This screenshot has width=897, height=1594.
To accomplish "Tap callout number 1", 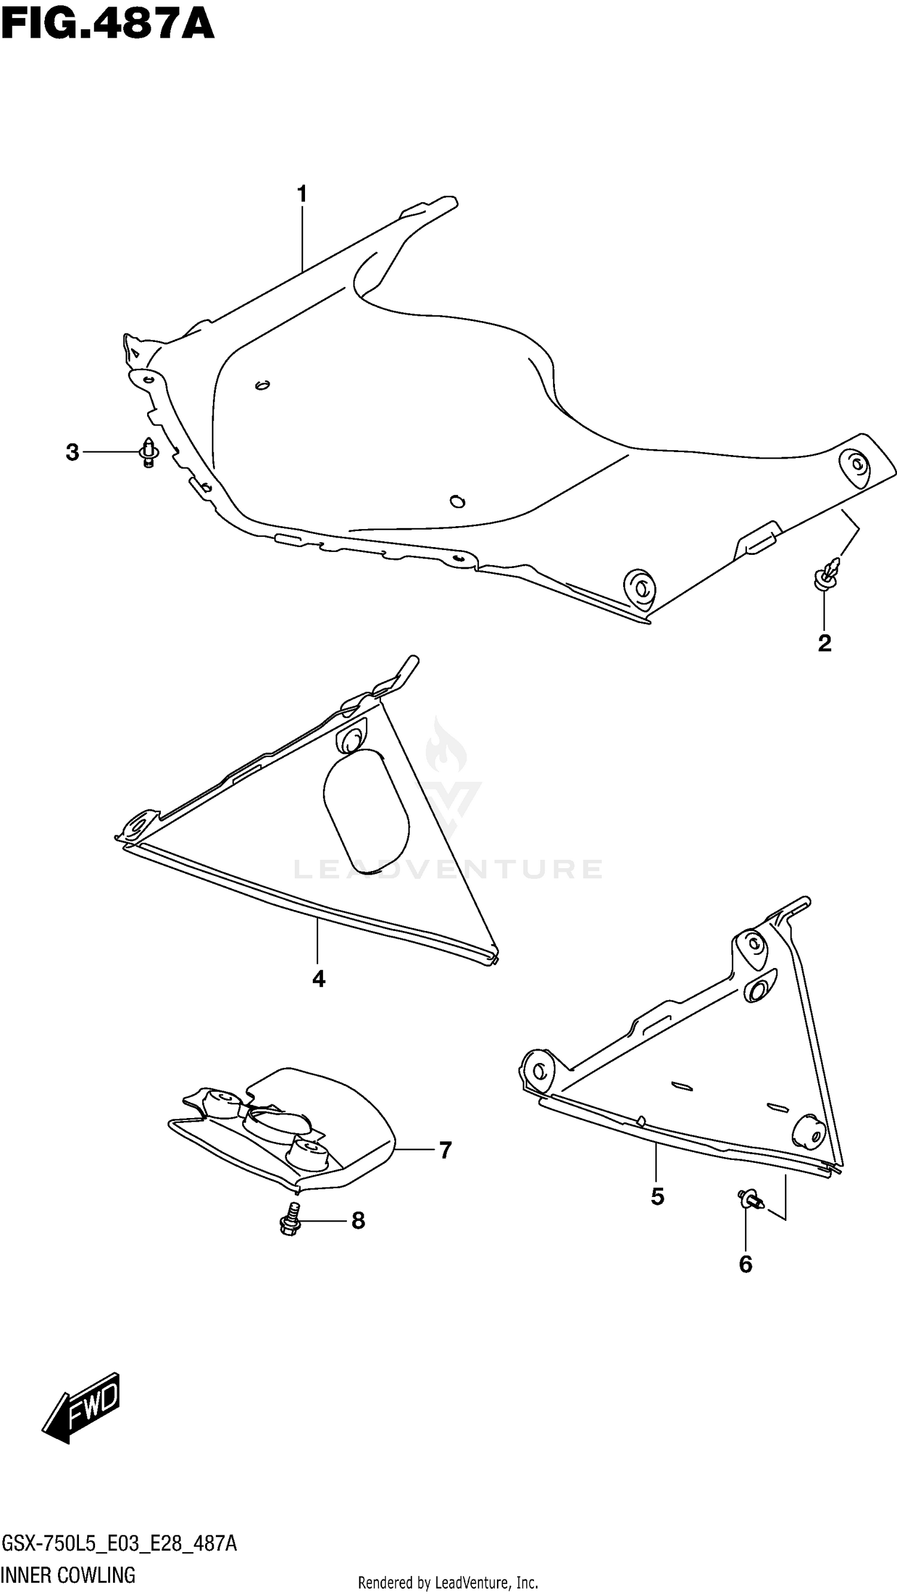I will (x=301, y=195).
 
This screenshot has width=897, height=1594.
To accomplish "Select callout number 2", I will (x=824, y=643).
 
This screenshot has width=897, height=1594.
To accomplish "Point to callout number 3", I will (x=72, y=453).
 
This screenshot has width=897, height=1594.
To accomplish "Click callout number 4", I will (x=318, y=979).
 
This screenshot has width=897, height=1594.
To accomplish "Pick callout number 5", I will (x=657, y=1197).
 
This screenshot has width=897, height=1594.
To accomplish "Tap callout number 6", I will (x=745, y=1264).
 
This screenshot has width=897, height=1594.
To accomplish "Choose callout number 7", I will (x=445, y=1150).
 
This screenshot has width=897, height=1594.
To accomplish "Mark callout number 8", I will (x=358, y=1221).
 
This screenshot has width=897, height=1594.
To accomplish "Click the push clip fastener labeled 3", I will (x=148, y=453).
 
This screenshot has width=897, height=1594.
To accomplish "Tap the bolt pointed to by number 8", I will (x=289, y=1219).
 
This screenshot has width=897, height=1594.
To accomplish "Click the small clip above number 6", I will (x=750, y=1199).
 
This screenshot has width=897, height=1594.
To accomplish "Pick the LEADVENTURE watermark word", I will (x=447, y=869).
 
